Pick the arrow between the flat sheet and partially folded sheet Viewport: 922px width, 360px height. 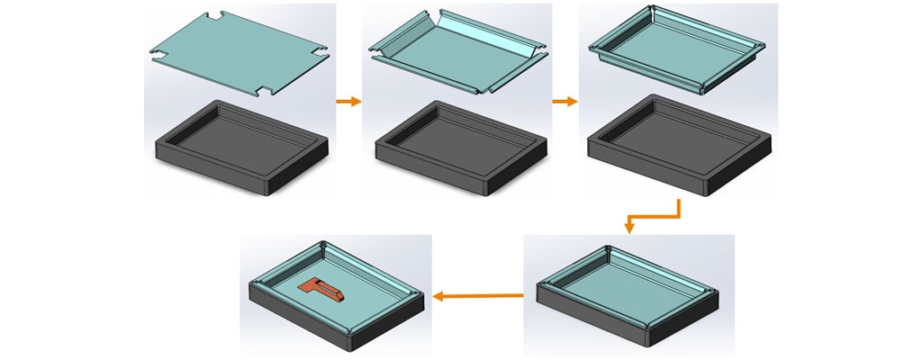coord(348,102)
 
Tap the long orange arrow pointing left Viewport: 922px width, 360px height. coord(477,295)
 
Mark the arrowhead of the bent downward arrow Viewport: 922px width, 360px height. coord(629,227)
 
